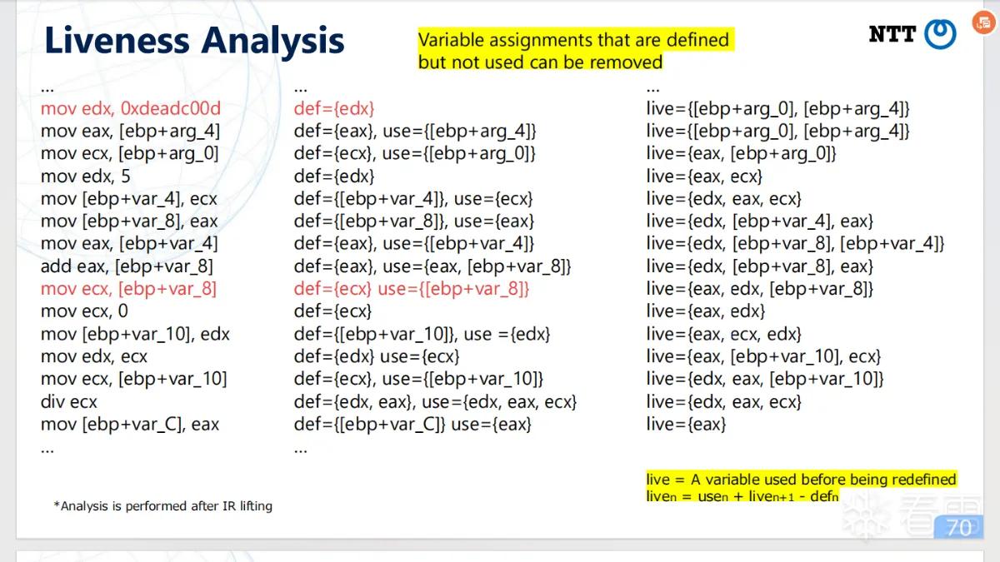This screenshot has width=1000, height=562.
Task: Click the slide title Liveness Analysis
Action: pyautogui.click(x=194, y=41)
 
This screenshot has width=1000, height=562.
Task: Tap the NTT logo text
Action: pyautogui.click(x=892, y=34)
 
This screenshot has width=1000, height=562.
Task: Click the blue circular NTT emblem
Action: pyautogui.click(x=940, y=34)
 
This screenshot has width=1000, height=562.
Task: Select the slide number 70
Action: pyautogui.click(x=959, y=528)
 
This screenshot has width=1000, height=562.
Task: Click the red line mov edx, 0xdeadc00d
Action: pyautogui.click(x=131, y=108)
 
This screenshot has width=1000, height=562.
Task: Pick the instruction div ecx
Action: pyautogui.click(x=68, y=402)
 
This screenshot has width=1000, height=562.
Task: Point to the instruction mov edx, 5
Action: pyautogui.click(x=86, y=177)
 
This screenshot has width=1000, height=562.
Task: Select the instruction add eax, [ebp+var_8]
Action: pyautogui.click(x=127, y=266)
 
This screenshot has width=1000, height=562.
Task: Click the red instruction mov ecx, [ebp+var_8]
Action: pyautogui.click(x=128, y=289)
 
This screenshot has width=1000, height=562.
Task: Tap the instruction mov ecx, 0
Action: pyautogui.click(x=84, y=311)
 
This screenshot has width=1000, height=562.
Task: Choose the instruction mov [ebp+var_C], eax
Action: pyautogui.click(x=130, y=424)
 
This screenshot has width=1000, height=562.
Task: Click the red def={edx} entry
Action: pyautogui.click(x=334, y=108)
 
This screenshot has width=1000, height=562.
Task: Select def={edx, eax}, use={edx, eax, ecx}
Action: pyautogui.click(x=435, y=402)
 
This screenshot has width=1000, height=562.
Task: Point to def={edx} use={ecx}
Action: pyautogui.click(x=377, y=356)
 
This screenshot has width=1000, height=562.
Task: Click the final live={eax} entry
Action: pyautogui.click(x=686, y=424)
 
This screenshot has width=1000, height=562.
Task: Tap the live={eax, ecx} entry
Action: pyautogui.click(x=704, y=177)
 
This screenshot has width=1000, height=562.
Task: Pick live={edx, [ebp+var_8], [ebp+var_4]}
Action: pyautogui.click(x=796, y=243)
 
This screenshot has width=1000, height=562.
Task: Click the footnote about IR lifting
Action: pyautogui.click(x=163, y=506)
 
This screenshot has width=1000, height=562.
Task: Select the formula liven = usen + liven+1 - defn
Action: pyautogui.click(x=742, y=495)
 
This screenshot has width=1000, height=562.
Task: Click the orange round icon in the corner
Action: pyautogui.click(x=984, y=22)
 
